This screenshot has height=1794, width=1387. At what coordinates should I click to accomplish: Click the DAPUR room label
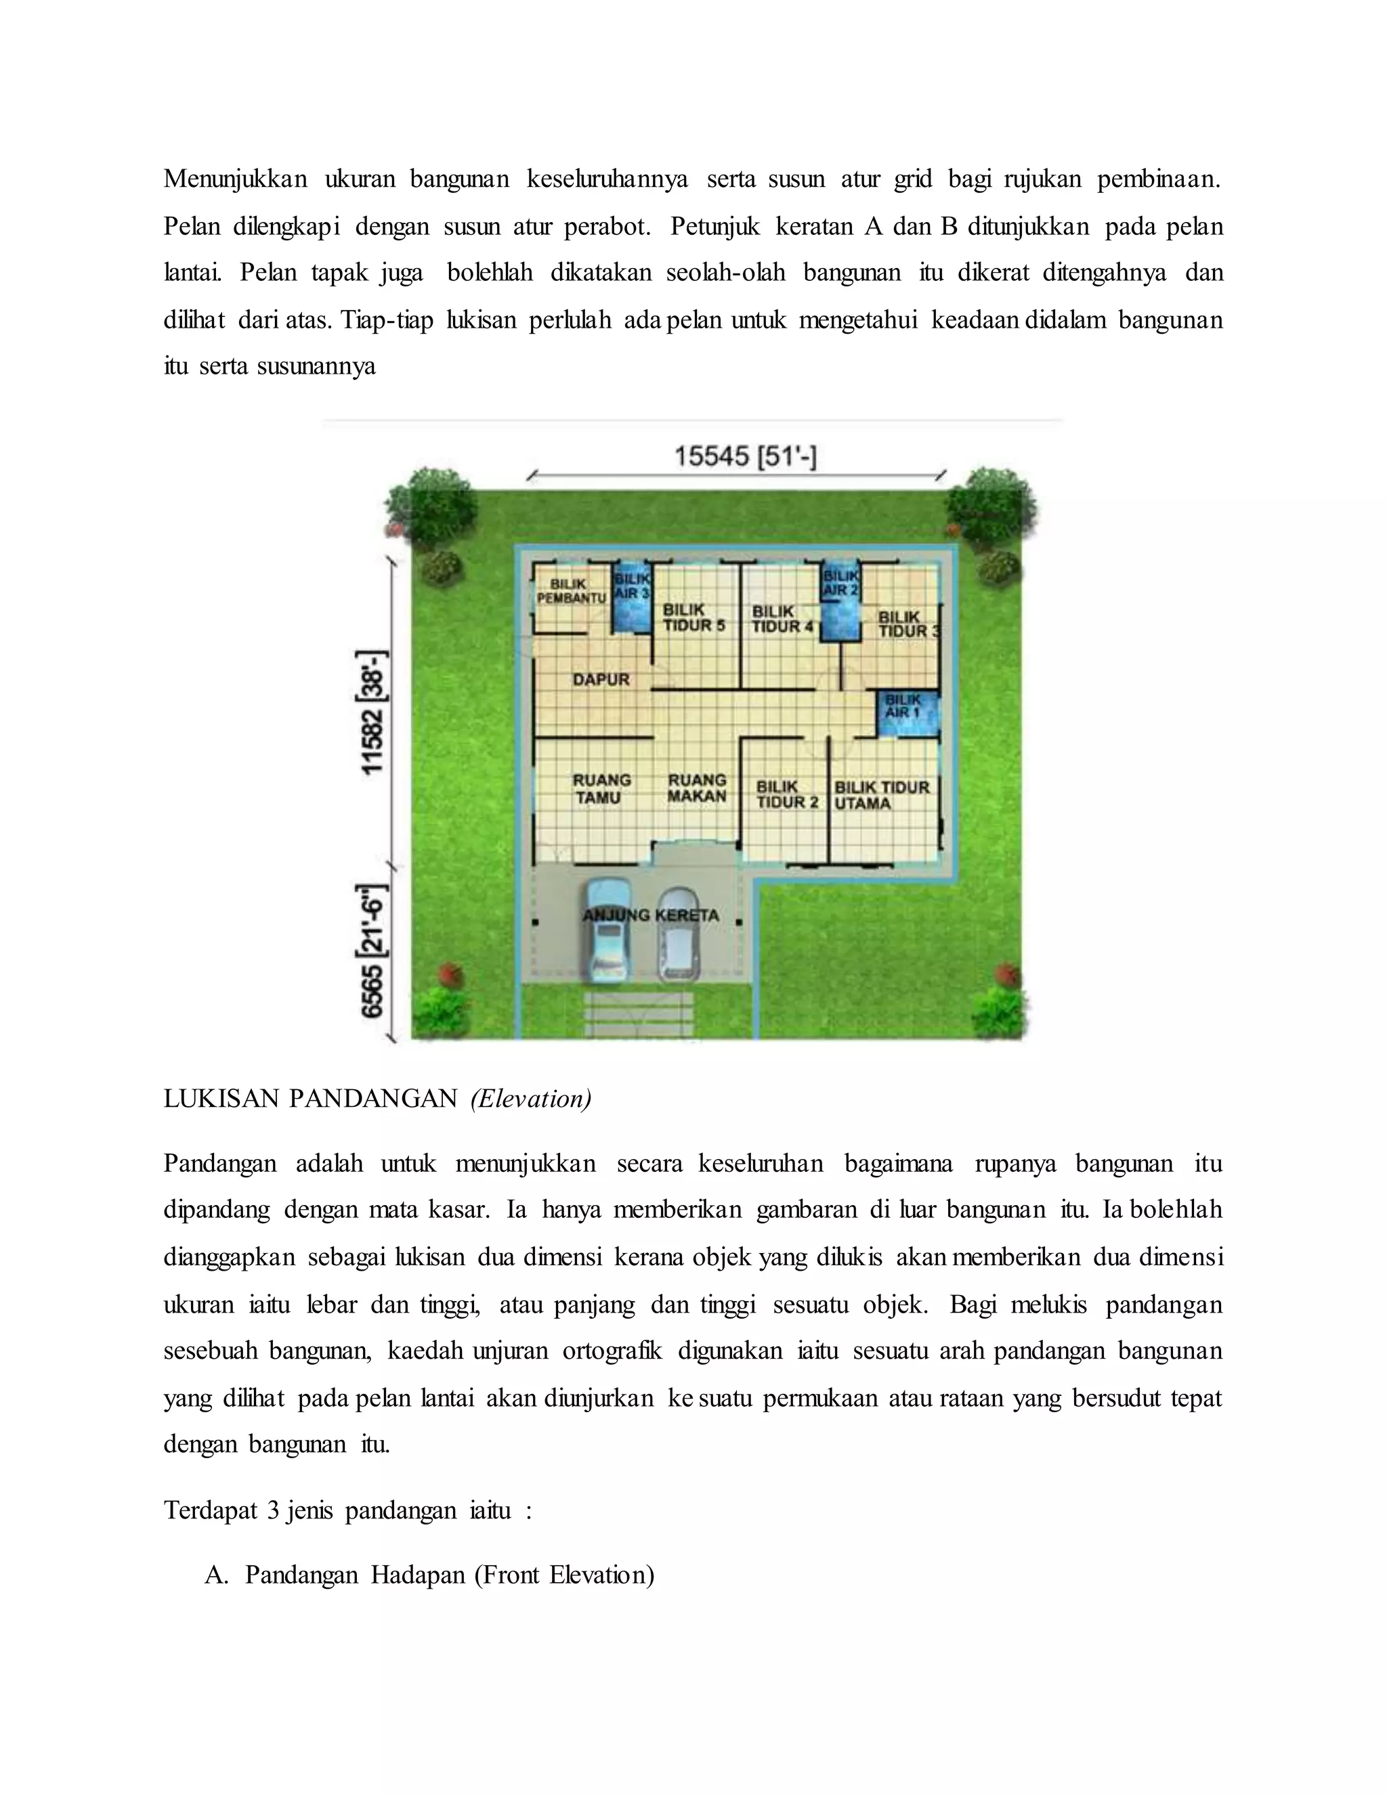pyautogui.click(x=601, y=679)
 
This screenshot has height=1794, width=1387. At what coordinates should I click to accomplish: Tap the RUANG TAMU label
pyautogui.click(x=601, y=789)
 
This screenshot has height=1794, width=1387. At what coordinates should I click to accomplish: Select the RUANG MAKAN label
pyautogui.click(x=697, y=788)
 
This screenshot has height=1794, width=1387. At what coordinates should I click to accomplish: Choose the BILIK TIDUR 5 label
pyautogui.click(x=693, y=617)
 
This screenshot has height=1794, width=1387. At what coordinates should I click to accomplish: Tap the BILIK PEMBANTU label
pyautogui.click(x=570, y=592)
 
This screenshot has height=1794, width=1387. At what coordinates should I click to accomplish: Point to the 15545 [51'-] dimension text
pyautogui.click(x=745, y=457)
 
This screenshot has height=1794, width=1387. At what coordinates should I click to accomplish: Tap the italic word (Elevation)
pyautogui.click(x=531, y=1098)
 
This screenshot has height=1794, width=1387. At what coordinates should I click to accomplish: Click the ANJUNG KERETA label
pyautogui.click(x=651, y=915)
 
